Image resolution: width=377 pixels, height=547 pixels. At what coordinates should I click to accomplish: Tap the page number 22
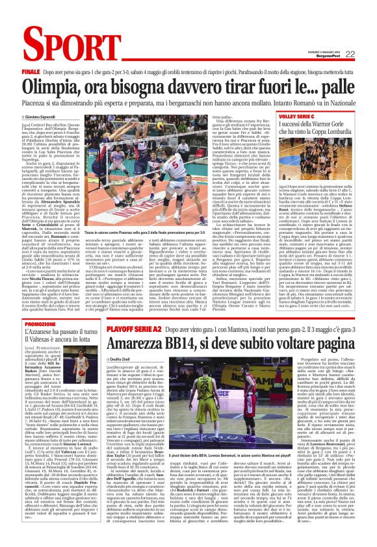click(x=349, y=54)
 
